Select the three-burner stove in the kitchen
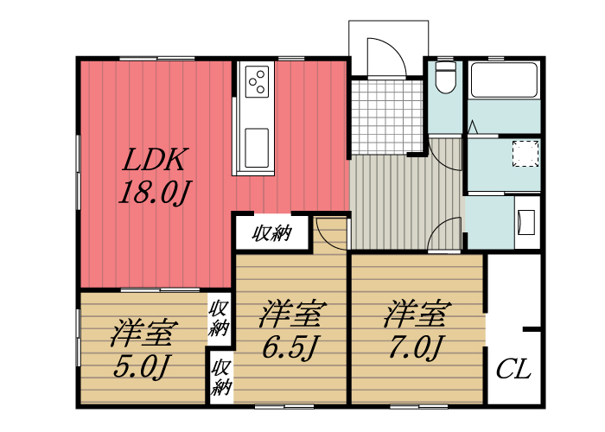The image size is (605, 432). point(257,82)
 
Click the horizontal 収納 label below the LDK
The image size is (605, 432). point(271,233)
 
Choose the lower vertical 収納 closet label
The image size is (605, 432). point(220,376)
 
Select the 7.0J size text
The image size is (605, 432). point(416,348)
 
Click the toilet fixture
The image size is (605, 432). point(445,79)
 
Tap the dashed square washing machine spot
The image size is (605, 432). point(525,154)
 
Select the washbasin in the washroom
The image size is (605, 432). point(525,222)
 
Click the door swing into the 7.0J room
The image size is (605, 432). point(447,234)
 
